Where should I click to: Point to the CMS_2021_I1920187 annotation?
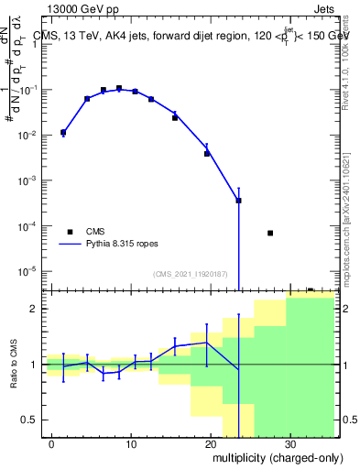coord(190,274)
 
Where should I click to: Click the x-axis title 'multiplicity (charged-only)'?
coord(272,455)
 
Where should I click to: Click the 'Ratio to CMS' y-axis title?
coord(14,377)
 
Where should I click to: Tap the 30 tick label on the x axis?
coord(289,443)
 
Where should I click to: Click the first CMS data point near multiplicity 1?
coord(63,133)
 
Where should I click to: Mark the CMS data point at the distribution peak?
coord(119,88)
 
